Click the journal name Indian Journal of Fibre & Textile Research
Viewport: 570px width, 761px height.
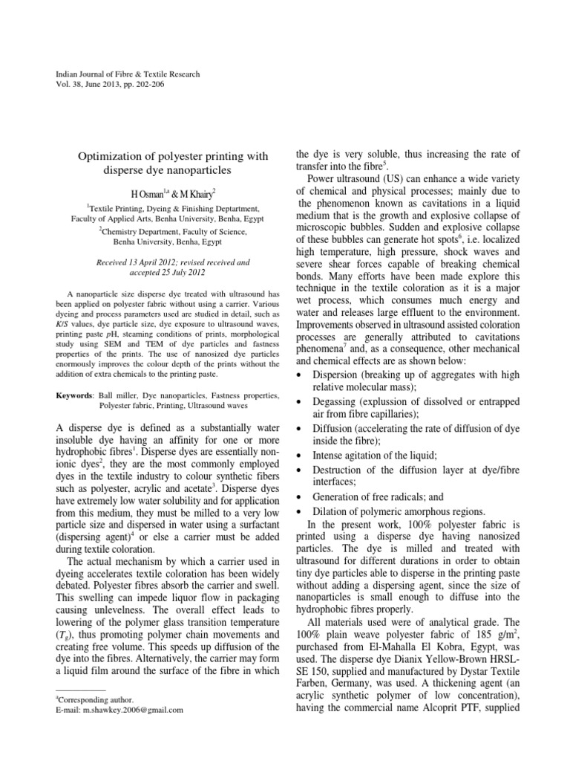click(128, 74)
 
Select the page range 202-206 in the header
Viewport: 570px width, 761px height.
click(148, 85)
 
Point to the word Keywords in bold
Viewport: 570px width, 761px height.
click(76, 396)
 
